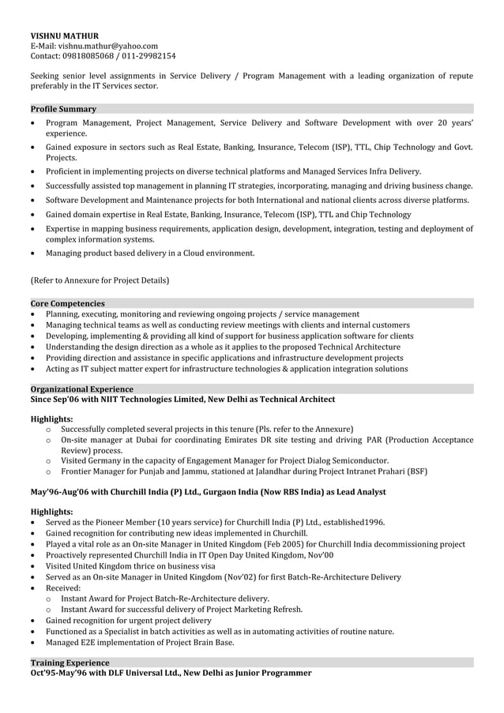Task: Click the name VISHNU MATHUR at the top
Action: (65, 36)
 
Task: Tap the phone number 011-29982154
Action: (148, 56)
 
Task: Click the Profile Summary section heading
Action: (63, 109)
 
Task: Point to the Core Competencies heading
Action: (67, 303)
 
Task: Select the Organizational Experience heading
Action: (81, 389)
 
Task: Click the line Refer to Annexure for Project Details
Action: (100, 280)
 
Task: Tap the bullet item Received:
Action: (63, 588)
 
